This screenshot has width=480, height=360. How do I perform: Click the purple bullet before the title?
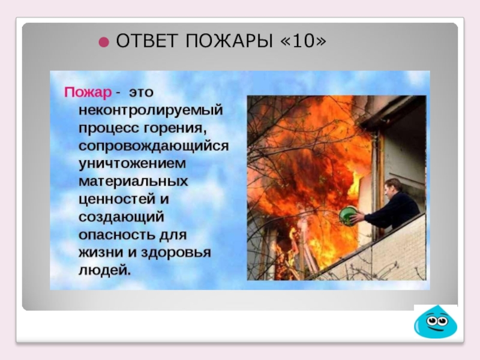[x=104, y=43]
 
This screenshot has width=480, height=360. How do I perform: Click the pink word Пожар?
[x=88, y=93]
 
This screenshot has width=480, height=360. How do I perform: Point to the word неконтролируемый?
[x=151, y=110]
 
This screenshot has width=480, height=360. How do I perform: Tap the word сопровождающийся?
[x=153, y=146]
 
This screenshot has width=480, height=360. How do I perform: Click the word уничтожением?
[x=133, y=164]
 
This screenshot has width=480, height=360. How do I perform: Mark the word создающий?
[x=121, y=217]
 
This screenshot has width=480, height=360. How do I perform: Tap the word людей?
[x=104, y=269]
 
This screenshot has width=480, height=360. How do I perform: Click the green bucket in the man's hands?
[x=348, y=215]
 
